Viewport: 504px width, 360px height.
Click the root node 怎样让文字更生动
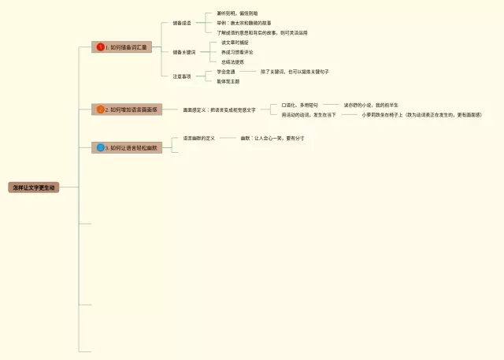[x=34, y=187]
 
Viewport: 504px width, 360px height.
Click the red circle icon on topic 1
[x=100, y=47]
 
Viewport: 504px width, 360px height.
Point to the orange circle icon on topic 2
[x=100, y=109]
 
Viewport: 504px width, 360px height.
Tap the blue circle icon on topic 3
[x=100, y=147]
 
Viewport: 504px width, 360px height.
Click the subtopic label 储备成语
[x=182, y=23]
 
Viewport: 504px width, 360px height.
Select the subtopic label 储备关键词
[x=184, y=52]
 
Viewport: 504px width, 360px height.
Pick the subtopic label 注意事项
[x=182, y=76]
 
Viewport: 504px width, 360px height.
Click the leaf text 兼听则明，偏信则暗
[x=237, y=13]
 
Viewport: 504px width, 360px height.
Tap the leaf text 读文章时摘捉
[x=235, y=43]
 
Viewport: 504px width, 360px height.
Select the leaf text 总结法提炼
[x=232, y=61]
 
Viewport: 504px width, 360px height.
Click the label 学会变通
[x=226, y=72]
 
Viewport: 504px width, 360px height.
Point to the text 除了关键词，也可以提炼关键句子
[x=295, y=72]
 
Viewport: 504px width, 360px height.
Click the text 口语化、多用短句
[x=300, y=105]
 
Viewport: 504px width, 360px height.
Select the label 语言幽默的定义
[x=199, y=138]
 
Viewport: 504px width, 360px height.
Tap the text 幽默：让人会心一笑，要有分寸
[x=272, y=138]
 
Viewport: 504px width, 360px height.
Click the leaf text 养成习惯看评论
[x=237, y=52]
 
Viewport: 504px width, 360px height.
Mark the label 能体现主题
[x=228, y=81]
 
